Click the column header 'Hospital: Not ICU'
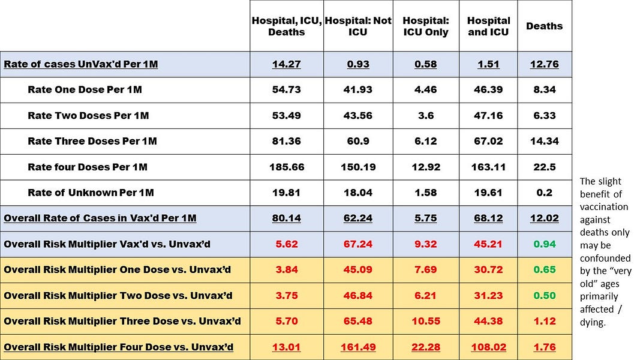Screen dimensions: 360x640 (x=358, y=26)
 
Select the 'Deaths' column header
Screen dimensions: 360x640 (x=544, y=26)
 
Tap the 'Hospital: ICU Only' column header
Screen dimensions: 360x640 (x=425, y=26)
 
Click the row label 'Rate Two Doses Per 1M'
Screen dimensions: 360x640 (x=88, y=115)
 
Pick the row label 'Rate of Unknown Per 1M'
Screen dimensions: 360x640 (x=91, y=193)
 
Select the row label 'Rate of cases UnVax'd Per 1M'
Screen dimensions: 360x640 (x=80, y=64)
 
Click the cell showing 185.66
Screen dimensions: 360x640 (x=287, y=167)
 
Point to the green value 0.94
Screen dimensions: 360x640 (x=545, y=244)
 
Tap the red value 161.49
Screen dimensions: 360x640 (x=358, y=347)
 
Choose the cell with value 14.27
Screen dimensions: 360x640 (x=287, y=64)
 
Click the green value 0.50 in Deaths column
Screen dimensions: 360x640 (x=545, y=295)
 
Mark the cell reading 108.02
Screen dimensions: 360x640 (x=488, y=347)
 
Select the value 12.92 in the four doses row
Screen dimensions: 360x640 (x=425, y=167)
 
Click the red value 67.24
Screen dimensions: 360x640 (x=358, y=244)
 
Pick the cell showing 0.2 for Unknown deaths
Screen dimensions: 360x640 (x=545, y=193)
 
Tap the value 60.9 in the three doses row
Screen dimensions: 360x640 (x=358, y=141)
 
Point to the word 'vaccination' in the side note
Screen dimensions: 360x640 (x=604, y=206)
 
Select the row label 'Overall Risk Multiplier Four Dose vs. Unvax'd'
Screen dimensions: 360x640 (x=118, y=347)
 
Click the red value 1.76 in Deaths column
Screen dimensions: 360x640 (x=545, y=347)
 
